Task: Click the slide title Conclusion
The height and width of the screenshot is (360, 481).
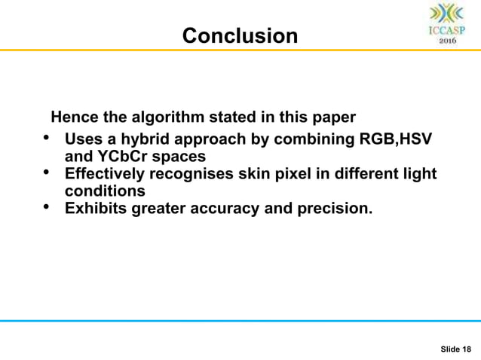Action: point(240,35)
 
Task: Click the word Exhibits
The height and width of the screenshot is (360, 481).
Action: point(93,208)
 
